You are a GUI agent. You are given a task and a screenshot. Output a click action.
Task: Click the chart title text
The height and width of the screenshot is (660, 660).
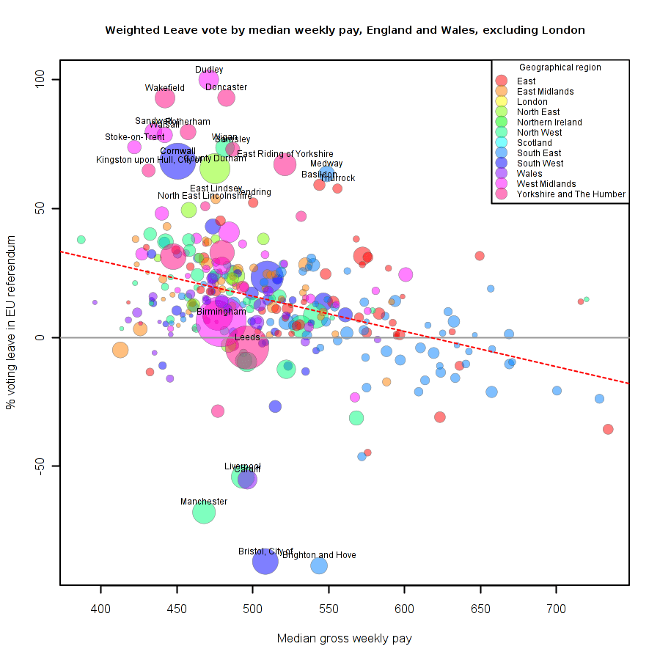click(x=345, y=30)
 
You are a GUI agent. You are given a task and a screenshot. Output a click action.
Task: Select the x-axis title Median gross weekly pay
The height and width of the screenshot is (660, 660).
click(x=344, y=639)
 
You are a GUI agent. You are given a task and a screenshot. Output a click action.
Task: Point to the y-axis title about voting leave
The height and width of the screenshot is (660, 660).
click(x=11, y=331)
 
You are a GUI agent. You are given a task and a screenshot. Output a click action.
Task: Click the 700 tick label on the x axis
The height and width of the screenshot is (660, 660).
click(x=556, y=610)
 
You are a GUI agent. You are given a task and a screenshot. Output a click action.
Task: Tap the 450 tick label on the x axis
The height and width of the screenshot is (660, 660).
click(x=177, y=610)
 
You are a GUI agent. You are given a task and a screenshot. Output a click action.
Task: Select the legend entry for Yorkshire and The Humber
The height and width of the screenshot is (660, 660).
click(x=571, y=194)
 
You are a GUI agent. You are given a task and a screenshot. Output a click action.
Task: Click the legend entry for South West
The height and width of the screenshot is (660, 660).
click(x=541, y=164)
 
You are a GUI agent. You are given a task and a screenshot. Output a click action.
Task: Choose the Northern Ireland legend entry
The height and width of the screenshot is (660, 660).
click(x=549, y=122)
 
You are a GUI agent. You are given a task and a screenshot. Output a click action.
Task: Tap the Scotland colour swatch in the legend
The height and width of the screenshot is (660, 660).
click(x=502, y=143)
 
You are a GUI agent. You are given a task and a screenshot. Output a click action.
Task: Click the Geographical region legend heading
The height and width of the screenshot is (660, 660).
click(x=560, y=67)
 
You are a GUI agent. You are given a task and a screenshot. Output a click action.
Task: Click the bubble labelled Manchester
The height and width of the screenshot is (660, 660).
click(x=204, y=513)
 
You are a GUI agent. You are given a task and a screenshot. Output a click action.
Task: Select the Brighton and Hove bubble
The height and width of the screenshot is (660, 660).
click(x=319, y=565)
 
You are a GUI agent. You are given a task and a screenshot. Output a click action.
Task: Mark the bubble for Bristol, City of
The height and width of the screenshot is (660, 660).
click(x=265, y=562)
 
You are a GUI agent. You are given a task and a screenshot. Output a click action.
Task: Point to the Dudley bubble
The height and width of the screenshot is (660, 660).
click(x=209, y=79)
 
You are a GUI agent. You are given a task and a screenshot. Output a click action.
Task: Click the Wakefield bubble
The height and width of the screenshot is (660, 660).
click(x=165, y=98)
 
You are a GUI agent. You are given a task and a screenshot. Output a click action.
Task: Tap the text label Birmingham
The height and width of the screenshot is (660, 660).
click(x=221, y=312)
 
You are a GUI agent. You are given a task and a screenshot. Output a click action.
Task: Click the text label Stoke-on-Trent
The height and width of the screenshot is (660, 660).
click(x=135, y=137)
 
